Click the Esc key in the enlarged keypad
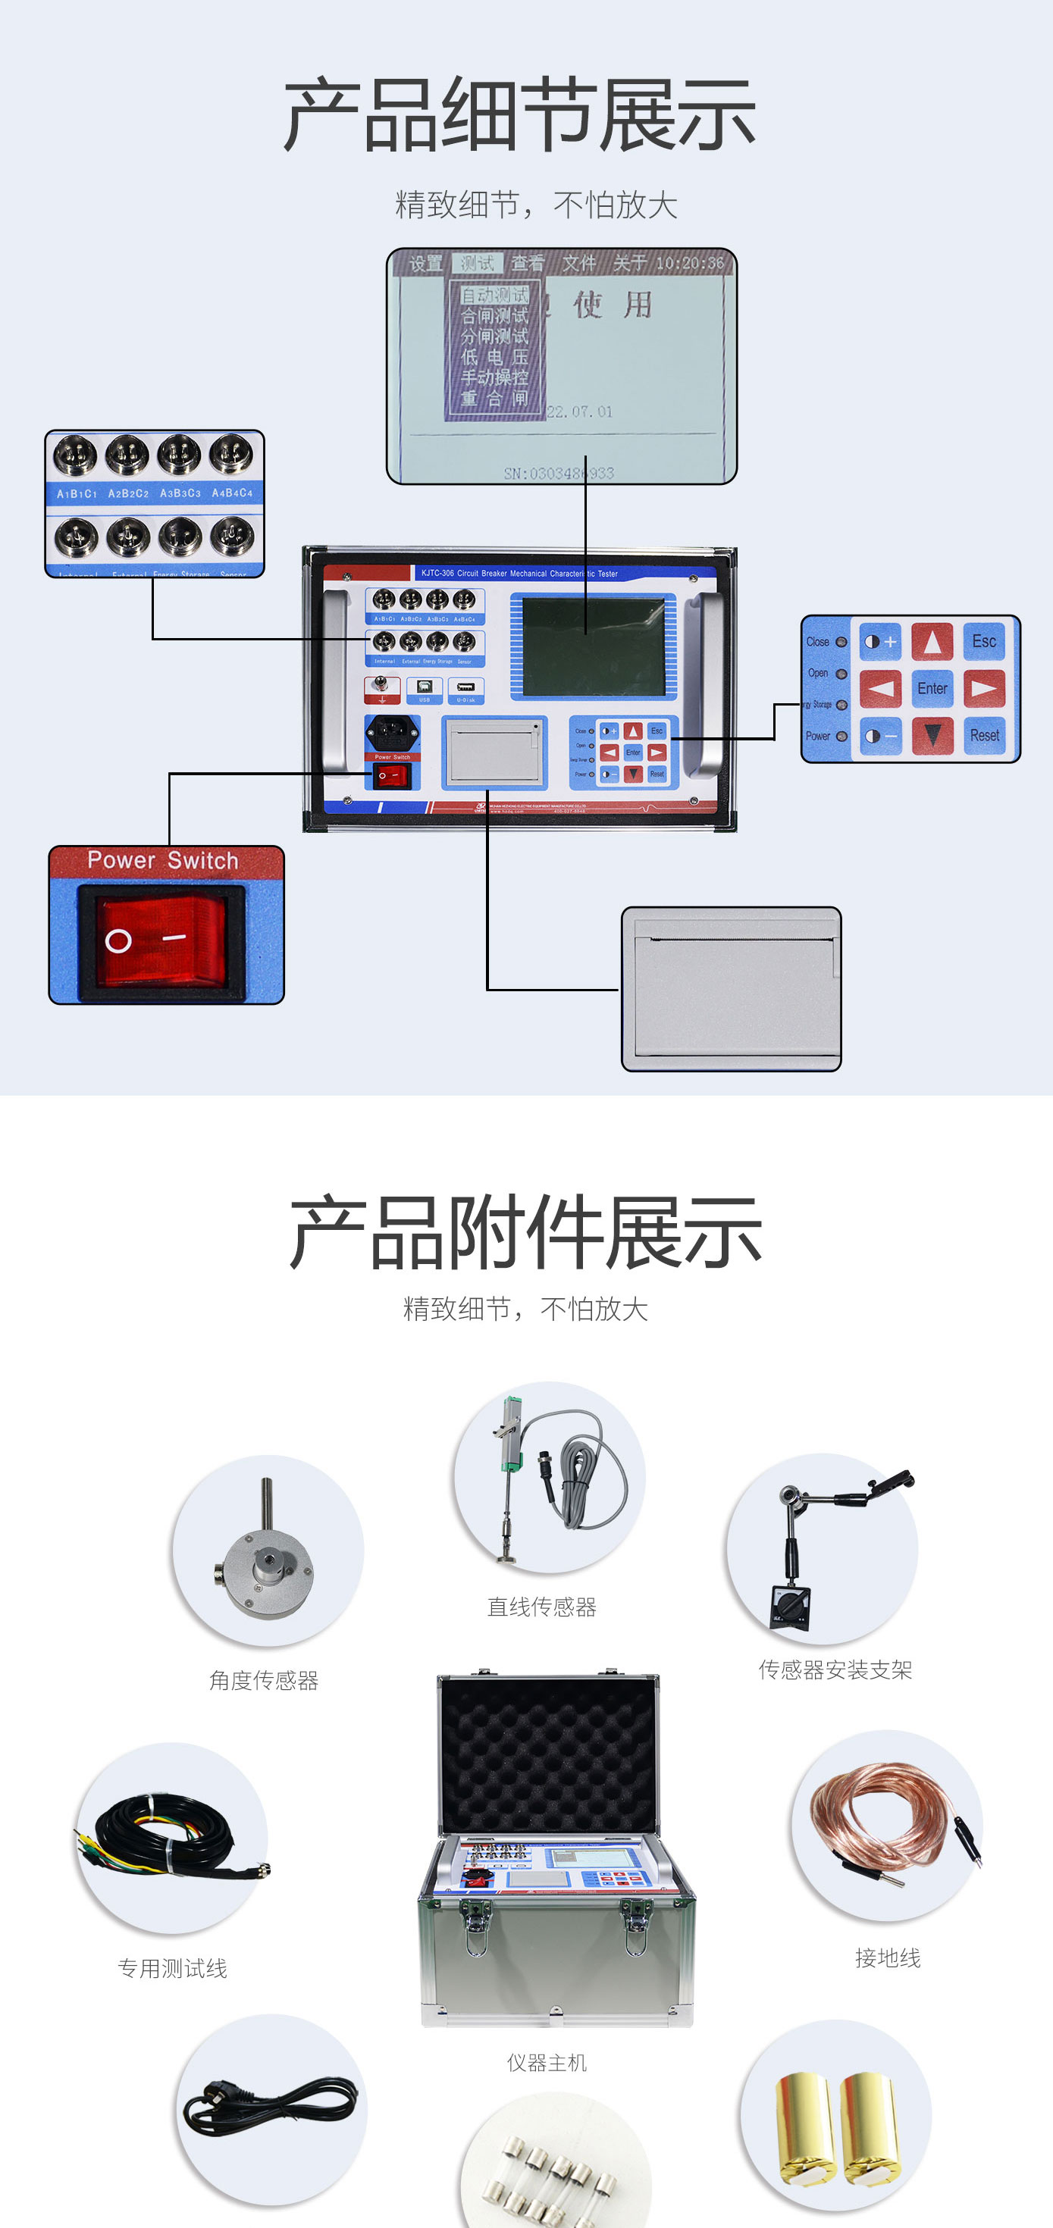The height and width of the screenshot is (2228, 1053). pyautogui.click(x=984, y=642)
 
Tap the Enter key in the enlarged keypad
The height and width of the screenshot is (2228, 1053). pyautogui.click(x=932, y=688)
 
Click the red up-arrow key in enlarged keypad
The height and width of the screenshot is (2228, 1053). pyautogui.click(x=932, y=642)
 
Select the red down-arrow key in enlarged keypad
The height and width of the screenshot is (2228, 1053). pyautogui.click(x=932, y=736)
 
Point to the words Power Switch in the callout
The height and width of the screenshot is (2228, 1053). pyautogui.click(x=163, y=861)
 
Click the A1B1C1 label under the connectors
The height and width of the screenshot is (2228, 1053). pyautogui.click(x=76, y=494)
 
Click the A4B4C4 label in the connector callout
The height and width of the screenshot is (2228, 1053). pyautogui.click(x=232, y=493)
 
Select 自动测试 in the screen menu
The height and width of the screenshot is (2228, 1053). pyautogui.click(x=494, y=295)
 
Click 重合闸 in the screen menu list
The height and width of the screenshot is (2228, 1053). pyautogui.click(x=494, y=399)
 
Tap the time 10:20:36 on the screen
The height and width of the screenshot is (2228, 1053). pyautogui.click(x=690, y=263)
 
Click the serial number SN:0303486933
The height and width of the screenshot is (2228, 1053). pyautogui.click(x=559, y=473)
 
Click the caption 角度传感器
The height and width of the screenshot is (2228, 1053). pyautogui.click(x=264, y=1681)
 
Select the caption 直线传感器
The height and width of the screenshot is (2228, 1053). pyautogui.click(x=541, y=1607)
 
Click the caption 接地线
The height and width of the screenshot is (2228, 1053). pyautogui.click(x=887, y=1957)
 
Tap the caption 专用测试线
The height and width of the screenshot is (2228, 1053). pyautogui.click(x=172, y=1969)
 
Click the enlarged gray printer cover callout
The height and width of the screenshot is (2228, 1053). pyautogui.click(x=731, y=989)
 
